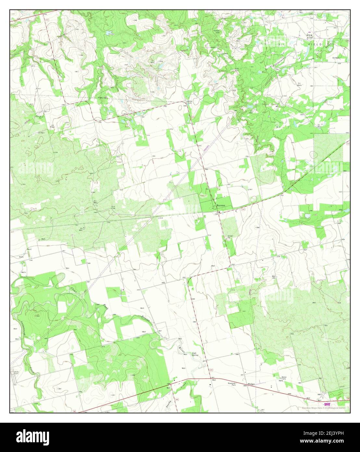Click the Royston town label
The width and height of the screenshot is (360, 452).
[221, 206]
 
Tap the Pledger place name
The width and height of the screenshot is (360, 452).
[251, 384]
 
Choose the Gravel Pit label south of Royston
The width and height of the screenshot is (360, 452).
[230, 237]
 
